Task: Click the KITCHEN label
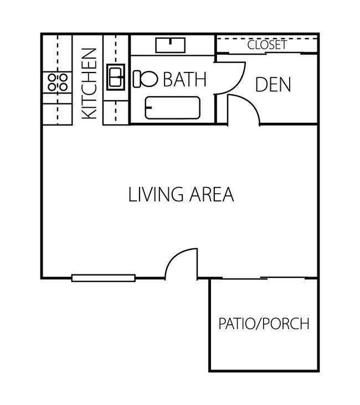(89, 84)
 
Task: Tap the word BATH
(184, 80)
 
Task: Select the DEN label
(273, 85)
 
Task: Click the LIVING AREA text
(181, 195)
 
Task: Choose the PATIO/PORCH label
(263, 324)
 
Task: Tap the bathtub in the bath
(172, 107)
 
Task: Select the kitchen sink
(116, 77)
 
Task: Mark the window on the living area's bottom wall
(104, 278)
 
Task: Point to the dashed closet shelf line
(233, 39)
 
